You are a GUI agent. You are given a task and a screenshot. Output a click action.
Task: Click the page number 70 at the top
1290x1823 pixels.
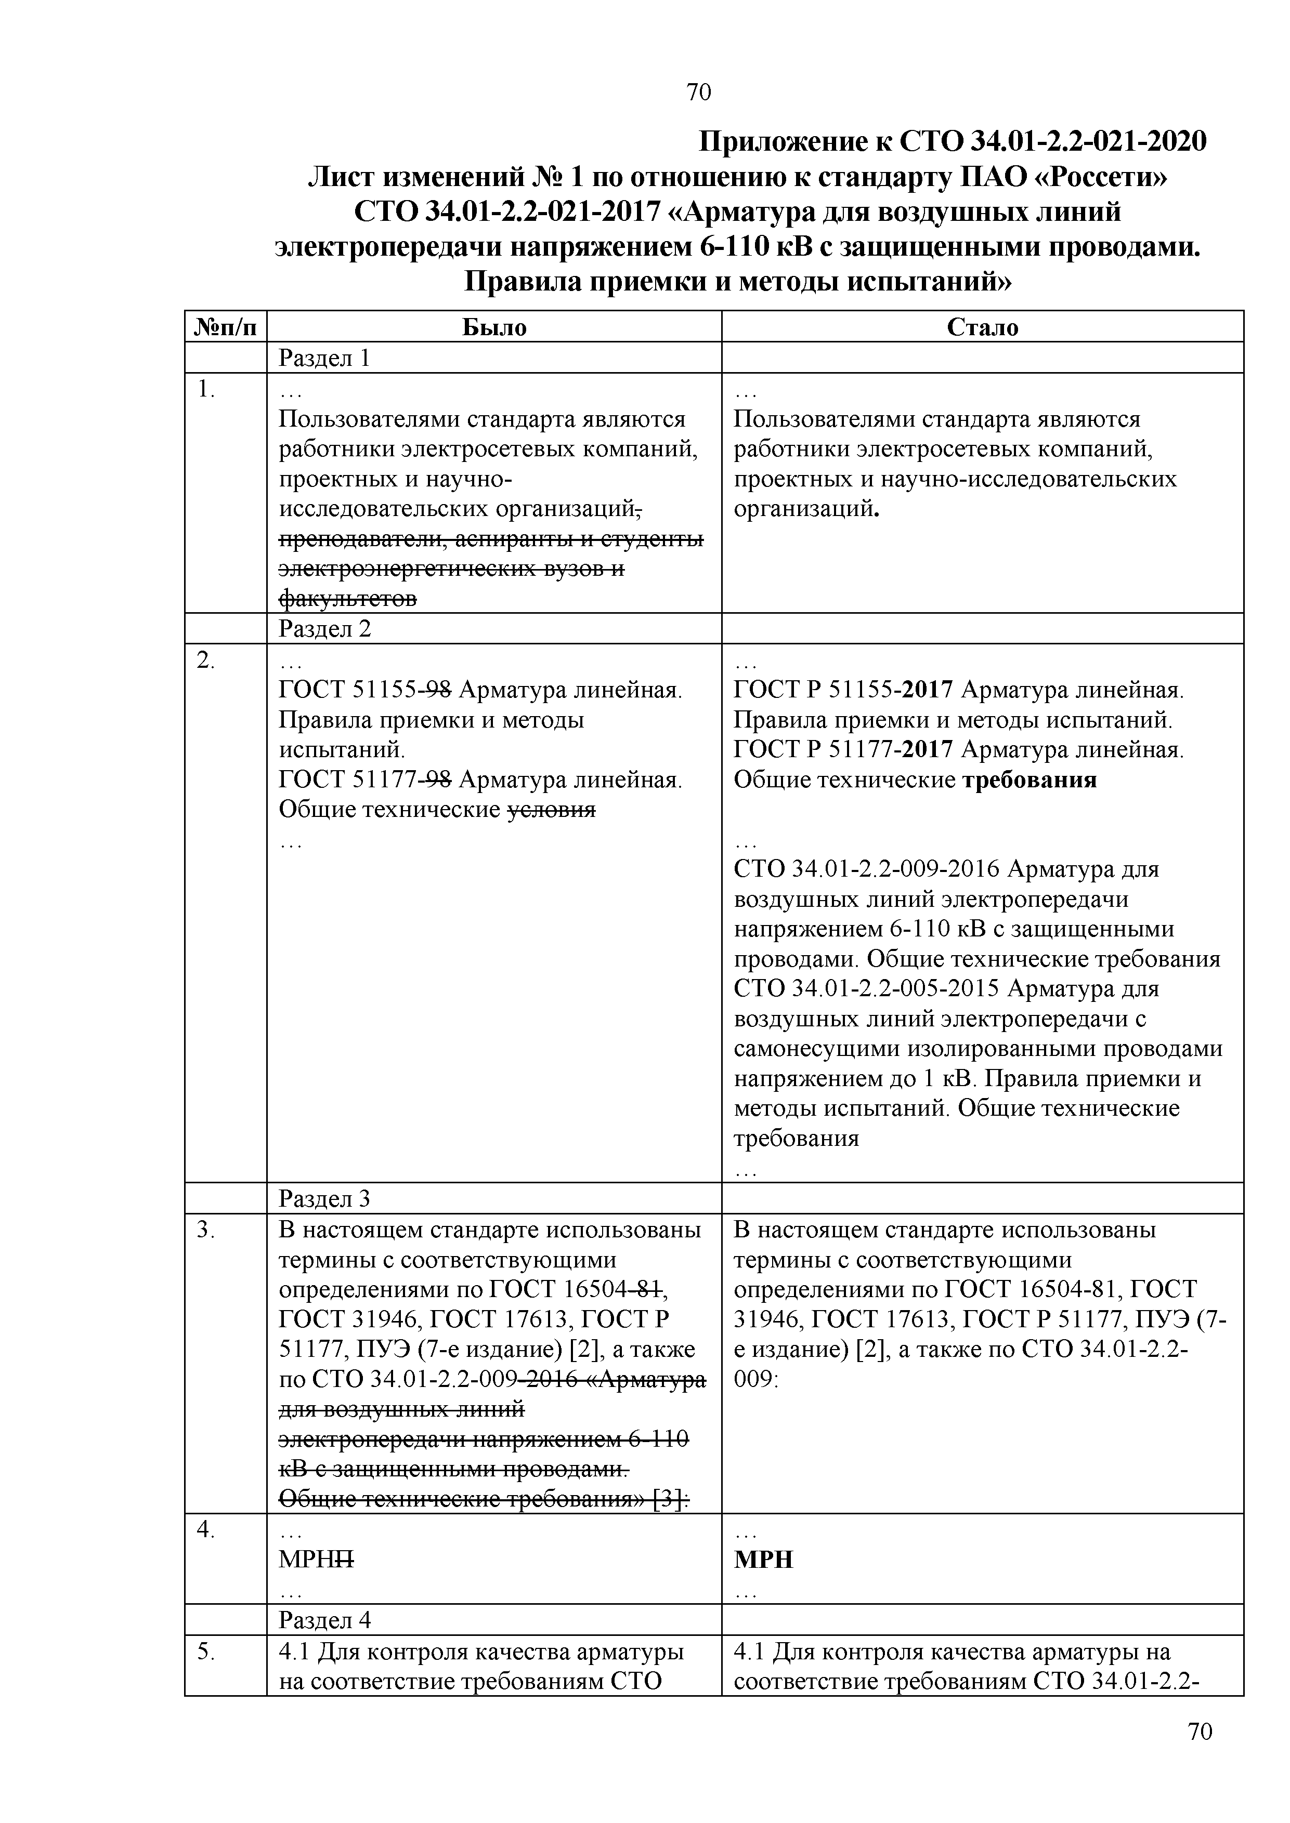point(698,93)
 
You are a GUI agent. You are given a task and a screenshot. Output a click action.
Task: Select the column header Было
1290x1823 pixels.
point(494,327)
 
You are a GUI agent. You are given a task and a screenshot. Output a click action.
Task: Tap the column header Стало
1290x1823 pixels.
point(982,327)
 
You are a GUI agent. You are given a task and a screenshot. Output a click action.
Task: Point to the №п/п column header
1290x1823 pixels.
point(226,327)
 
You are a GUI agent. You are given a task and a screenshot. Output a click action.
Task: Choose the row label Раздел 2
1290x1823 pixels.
point(324,629)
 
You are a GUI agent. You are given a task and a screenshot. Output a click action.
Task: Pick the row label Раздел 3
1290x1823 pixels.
point(324,1198)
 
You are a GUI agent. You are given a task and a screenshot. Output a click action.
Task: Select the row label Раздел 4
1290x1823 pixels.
point(324,1620)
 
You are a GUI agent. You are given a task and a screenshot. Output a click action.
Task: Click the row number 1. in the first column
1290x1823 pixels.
point(206,389)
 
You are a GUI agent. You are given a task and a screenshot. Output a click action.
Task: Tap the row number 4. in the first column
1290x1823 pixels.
point(206,1529)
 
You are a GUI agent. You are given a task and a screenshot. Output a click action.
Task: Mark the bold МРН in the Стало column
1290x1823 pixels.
point(763,1560)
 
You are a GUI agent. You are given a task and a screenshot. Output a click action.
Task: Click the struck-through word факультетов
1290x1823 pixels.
point(348,598)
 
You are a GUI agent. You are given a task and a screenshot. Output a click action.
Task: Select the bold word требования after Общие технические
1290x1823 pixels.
point(1030,780)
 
